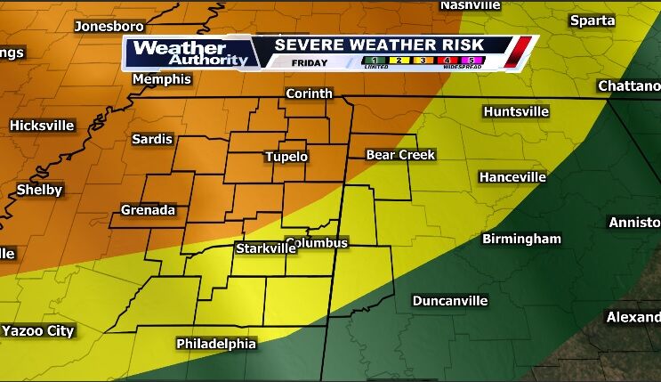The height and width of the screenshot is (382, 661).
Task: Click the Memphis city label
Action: click(x=162, y=79)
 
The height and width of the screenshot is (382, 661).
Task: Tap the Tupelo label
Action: click(x=286, y=157)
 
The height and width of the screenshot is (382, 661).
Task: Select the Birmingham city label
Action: click(x=521, y=239)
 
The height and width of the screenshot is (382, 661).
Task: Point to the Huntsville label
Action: click(x=519, y=111)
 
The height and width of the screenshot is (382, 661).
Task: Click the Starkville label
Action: click(x=265, y=248)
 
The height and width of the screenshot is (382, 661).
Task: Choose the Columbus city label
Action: click(x=318, y=243)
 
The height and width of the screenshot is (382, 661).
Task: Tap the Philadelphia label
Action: click(x=216, y=344)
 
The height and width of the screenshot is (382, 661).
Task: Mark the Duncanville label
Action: click(x=449, y=301)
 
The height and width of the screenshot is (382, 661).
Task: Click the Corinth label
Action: click(x=309, y=93)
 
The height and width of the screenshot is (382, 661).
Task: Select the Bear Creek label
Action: click(x=400, y=155)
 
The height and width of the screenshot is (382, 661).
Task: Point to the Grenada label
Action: click(x=149, y=211)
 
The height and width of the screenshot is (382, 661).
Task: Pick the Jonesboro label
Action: click(x=109, y=26)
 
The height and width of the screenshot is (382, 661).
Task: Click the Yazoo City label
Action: click(x=38, y=331)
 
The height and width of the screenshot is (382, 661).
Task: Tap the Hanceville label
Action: click(x=512, y=177)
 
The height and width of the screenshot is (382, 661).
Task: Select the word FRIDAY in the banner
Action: click(x=309, y=62)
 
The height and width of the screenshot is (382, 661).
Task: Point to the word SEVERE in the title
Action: click(x=308, y=45)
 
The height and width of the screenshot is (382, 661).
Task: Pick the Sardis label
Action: click(x=152, y=139)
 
